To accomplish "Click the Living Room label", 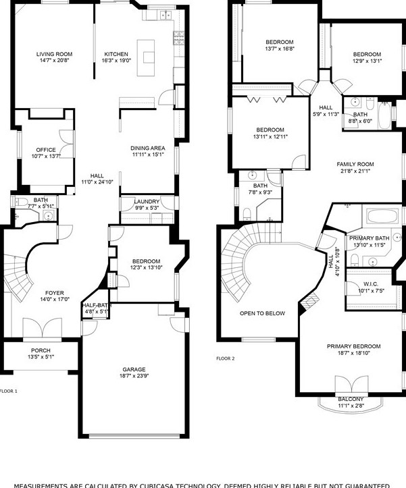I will (54, 54).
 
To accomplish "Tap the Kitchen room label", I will (116, 54).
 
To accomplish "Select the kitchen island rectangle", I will (146, 51).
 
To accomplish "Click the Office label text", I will (46, 150).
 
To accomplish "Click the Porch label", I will (41, 350).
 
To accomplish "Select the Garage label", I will (134, 369).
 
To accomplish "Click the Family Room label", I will (355, 164).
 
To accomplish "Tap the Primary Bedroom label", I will (349, 346).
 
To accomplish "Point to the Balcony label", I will (351, 400).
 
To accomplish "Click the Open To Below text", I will (262, 313).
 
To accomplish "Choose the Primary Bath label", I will (369, 238).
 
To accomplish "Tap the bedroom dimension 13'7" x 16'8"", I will (279, 49).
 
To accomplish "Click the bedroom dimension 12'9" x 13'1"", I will (367, 61).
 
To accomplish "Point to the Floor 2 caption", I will (225, 358).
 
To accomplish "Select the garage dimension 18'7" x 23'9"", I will (134, 376).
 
